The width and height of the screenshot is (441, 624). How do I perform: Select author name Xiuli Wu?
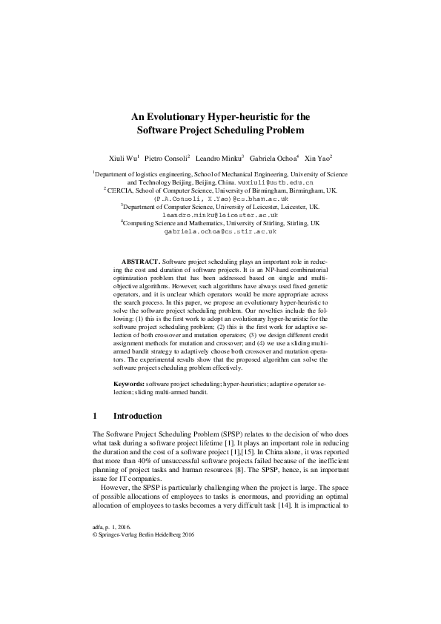(x=123, y=159)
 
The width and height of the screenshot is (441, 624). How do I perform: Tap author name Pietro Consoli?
(x=167, y=159)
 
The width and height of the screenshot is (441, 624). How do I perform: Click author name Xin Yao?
(x=318, y=159)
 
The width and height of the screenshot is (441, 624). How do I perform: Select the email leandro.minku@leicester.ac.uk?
(x=220, y=213)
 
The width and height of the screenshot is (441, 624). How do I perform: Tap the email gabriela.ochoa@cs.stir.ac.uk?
(x=220, y=231)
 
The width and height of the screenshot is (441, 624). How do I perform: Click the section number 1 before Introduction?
(x=96, y=416)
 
